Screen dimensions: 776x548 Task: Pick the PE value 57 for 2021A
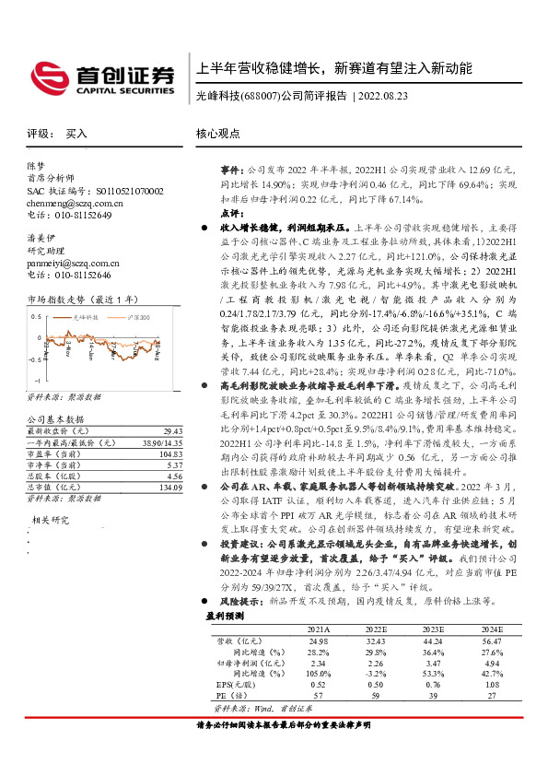pyautogui.click(x=318, y=696)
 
